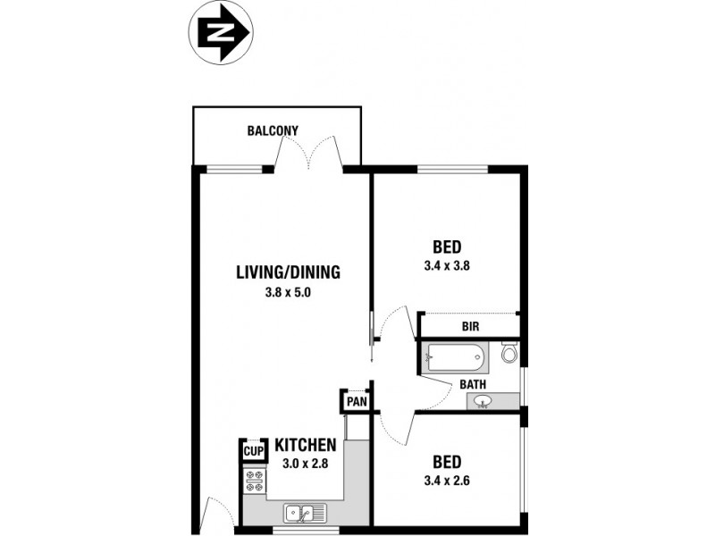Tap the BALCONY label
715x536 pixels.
[x=273, y=131]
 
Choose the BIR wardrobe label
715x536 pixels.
[x=471, y=327]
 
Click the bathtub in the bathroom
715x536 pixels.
[x=457, y=359]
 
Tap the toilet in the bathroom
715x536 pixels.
[x=509, y=355]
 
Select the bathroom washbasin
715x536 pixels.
[x=484, y=401]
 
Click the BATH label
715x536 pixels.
[x=473, y=385]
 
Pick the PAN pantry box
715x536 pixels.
[x=357, y=402]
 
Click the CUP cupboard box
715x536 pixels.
[x=253, y=452]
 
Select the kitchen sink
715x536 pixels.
[x=305, y=513]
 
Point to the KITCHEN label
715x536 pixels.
[x=305, y=445]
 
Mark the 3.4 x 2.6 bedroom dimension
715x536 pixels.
[x=447, y=480]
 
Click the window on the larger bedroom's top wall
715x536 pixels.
[x=452, y=169]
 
